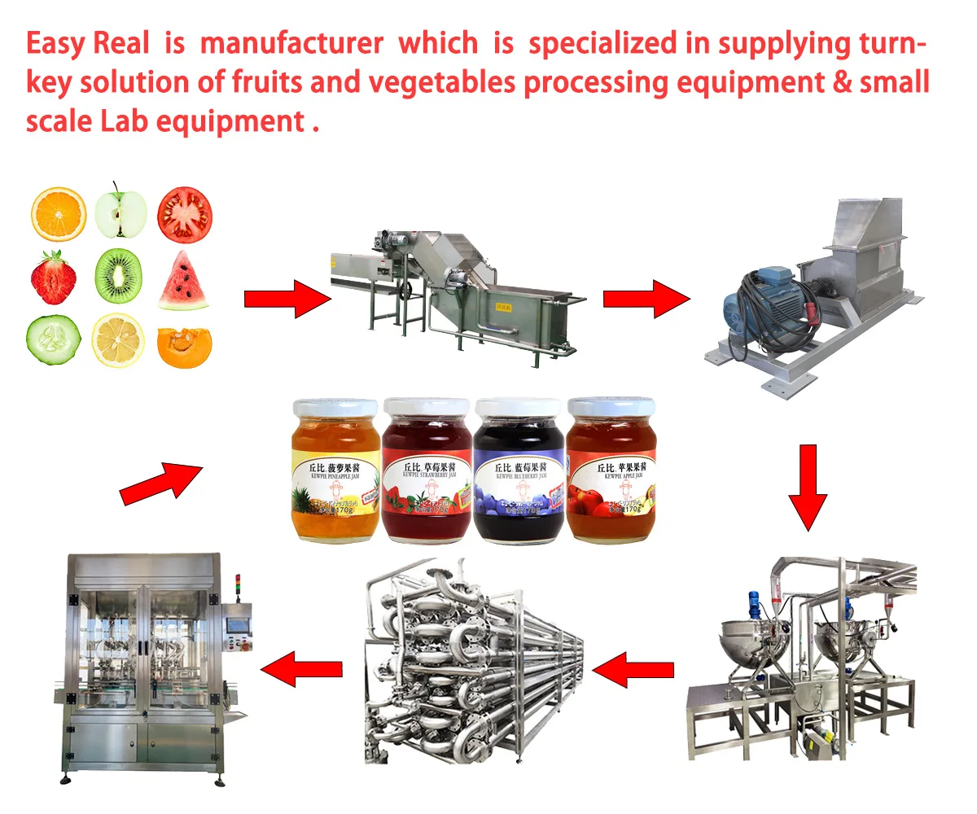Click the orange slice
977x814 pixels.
(x=58, y=214)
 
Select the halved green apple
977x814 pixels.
(x=120, y=214)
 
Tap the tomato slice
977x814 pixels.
(x=184, y=213)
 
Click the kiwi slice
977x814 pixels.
(x=119, y=277)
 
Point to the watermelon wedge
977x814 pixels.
(x=183, y=281)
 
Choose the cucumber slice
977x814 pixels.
(x=54, y=341)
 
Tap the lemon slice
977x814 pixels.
(x=119, y=340)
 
